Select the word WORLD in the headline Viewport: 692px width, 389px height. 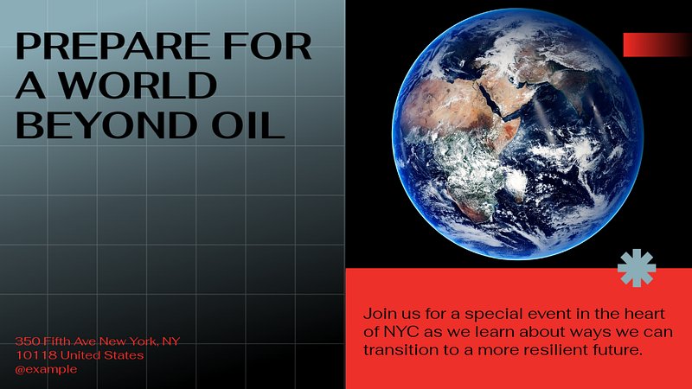tap(138, 85)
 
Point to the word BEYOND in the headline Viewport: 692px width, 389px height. tap(106, 124)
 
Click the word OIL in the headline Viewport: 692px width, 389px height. tap(247, 124)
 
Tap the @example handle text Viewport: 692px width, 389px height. tap(47, 369)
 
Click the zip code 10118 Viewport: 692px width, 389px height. tap(35, 355)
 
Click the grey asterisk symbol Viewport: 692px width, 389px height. tap(637, 268)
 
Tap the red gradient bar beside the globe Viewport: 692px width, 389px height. tap(657, 45)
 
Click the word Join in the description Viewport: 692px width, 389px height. tap(376, 314)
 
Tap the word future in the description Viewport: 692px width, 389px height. tap(619, 350)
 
